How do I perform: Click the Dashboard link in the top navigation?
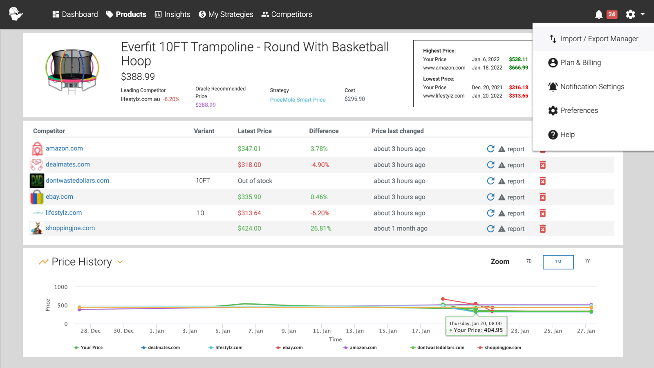tap(75, 14)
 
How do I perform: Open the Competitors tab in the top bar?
tap(287, 14)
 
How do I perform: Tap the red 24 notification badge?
tap(611, 14)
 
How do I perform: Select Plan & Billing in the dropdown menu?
tap(580, 63)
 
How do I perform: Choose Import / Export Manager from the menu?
tap(599, 39)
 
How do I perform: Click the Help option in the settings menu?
tap(567, 135)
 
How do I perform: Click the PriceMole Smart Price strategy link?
tap(298, 100)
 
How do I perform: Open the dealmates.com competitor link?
tap(67, 164)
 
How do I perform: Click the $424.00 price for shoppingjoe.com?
tap(249, 229)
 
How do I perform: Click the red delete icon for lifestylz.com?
tap(542, 213)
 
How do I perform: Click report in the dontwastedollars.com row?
tap(515, 181)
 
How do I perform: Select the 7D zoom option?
tap(529, 261)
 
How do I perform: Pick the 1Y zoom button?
tap(587, 261)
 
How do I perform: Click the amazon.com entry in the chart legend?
tap(363, 348)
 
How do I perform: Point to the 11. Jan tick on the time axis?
tap(322, 331)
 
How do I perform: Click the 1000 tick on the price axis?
tap(61, 287)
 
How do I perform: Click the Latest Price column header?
tap(254, 131)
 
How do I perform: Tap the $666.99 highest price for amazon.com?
tap(518, 68)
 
